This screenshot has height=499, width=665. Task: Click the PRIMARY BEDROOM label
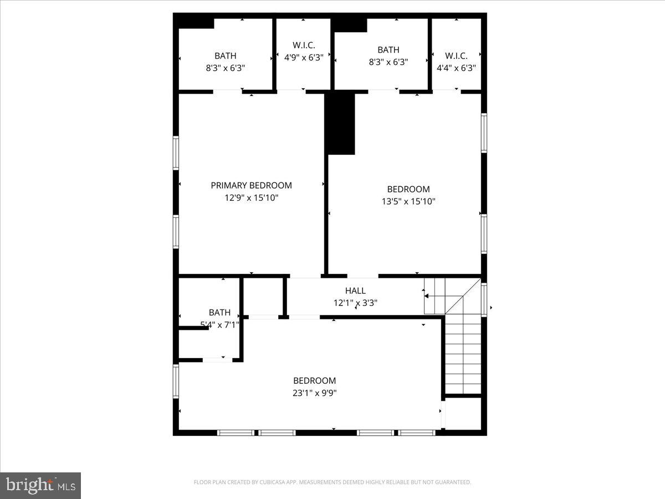tap(251, 185)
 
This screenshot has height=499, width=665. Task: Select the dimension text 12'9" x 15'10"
tap(251, 197)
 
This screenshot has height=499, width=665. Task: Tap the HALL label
tap(355, 291)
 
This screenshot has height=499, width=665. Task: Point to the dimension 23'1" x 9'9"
tap(314, 393)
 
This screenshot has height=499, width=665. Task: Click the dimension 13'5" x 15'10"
tap(408, 201)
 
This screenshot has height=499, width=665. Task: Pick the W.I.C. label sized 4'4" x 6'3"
tap(456, 56)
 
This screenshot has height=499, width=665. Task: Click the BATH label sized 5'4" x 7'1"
tap(219, 313)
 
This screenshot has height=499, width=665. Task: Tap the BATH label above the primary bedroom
tap(226, 55)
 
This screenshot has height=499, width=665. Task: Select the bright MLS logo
tap(40, 486)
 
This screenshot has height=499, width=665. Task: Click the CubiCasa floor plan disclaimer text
tap(332, 482)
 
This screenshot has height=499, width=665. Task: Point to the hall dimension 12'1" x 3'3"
tap(355, 303)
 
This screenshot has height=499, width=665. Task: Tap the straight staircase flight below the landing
tap(463, 355)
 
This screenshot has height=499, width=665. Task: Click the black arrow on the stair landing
tap(426, 296)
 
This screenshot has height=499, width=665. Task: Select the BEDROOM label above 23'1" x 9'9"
tap(314, 380)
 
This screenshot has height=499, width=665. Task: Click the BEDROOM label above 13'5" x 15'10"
tap(408, 189)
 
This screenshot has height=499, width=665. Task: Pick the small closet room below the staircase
tap(463, 413)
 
